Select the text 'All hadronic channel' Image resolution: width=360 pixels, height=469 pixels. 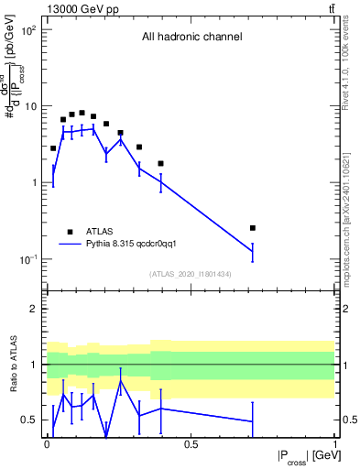click(x=191, y=38)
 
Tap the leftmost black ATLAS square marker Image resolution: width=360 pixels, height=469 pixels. click(x=53, y=147)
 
